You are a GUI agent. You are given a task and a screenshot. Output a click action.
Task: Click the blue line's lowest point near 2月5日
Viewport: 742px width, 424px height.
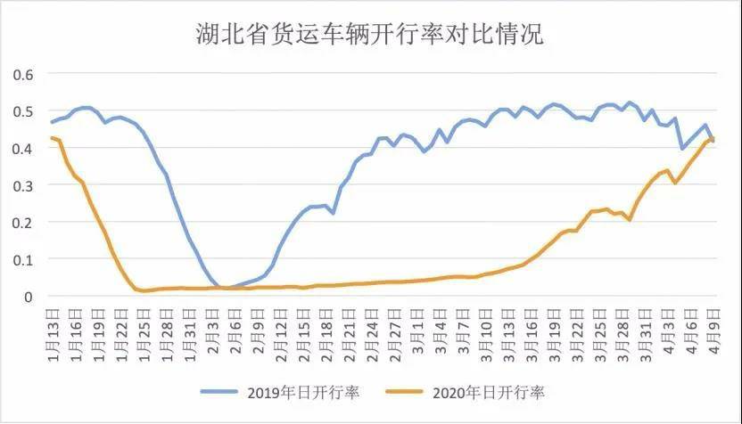pyautogui.click(x=227, y=288)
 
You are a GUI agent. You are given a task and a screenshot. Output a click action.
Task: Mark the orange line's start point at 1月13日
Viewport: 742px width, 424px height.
pyautogui.click(x=53, y=138)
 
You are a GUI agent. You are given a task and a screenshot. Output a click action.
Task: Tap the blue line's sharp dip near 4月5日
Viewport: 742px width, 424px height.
pyautogui.click(x=682, y=148)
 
